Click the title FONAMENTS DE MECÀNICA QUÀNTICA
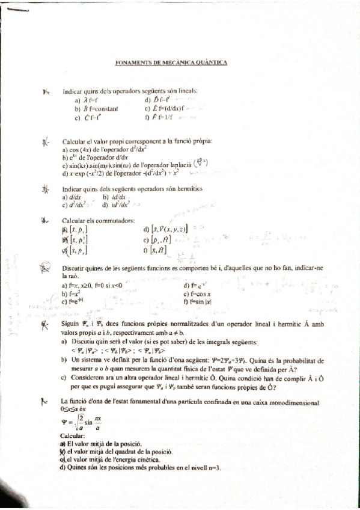(x=170, y=62)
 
